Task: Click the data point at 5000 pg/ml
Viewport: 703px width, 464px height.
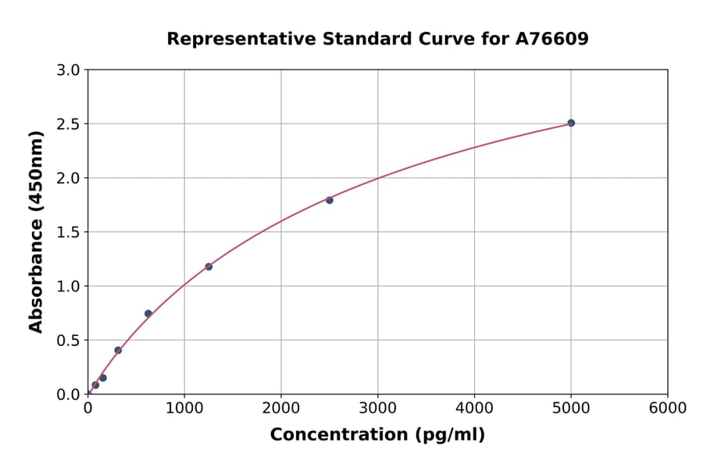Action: pos(571,123)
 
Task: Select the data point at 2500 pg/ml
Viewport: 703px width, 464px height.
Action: pos(330,200)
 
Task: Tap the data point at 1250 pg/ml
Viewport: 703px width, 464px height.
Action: pos(209,266)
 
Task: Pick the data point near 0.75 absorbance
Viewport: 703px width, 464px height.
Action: pos(148,313)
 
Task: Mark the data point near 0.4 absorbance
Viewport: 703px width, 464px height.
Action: pos(118,350)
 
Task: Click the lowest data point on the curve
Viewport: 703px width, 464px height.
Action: pos(95,384)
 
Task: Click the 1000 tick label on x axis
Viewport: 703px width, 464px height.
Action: pos(184,409)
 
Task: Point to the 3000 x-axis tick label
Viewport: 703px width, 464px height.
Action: pos(378,409)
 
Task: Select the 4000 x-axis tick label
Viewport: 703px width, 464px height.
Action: pos(474,409)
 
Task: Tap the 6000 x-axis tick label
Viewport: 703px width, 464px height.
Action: pos(668,409)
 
